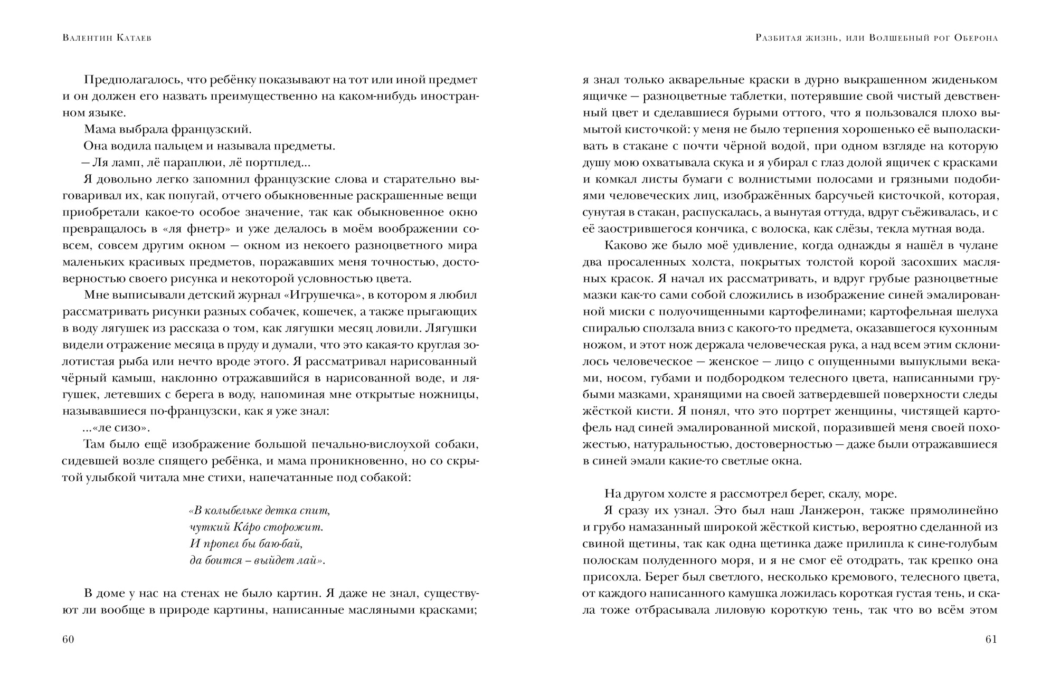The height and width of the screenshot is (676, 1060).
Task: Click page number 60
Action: (68, 640)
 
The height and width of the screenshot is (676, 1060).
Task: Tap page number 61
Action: (991, 640)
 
